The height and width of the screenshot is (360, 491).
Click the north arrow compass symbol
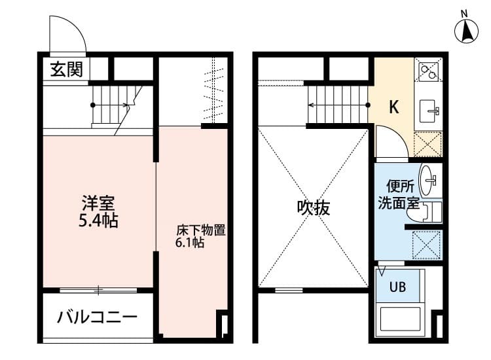click(467, 29)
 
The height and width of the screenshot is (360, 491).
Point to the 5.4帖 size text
click(98, 221)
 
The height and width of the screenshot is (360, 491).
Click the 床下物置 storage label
click(200, 230)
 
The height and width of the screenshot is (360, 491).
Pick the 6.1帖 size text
click(189, 243)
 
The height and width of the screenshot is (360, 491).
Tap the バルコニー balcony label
click(97, 318)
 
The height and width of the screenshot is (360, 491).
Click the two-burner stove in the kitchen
click(429, 71)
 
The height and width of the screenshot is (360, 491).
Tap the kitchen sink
click(430, 109)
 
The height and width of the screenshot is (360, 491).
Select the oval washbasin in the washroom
click(429, 178)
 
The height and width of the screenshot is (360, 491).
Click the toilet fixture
click(432, 211)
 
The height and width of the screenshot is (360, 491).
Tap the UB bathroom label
click(398, 286)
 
